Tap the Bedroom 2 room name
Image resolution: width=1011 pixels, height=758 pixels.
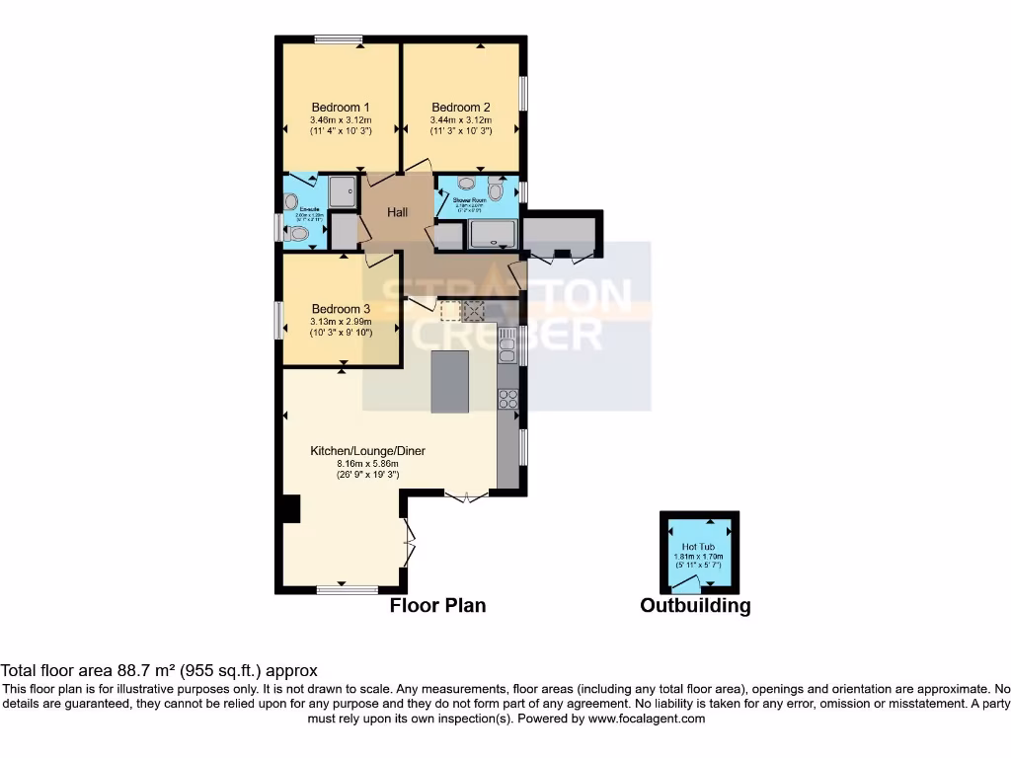[x=460, y=108]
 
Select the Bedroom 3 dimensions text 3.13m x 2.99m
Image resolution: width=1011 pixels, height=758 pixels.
[x=341, y=321]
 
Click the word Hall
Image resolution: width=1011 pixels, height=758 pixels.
[x=398, y=212]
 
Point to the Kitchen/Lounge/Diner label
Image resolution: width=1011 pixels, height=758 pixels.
[x=367, y=450]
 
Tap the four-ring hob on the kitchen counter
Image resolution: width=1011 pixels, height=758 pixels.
[x=508, y=399]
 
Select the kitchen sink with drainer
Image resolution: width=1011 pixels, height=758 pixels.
[x=508, y=346]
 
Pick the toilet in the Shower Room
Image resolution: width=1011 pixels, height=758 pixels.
[x=497, y=187]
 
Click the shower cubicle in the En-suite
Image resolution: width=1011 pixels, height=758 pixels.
[x=342, y=191]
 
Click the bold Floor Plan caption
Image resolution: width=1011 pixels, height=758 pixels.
[x=437, y=605]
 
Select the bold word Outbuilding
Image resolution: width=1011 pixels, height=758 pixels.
[x=695, y=606]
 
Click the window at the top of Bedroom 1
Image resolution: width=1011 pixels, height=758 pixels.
[x=339, y=39]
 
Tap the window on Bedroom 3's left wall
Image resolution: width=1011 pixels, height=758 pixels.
[x=279, y=322]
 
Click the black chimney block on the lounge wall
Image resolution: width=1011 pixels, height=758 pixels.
[x=288, y=507]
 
